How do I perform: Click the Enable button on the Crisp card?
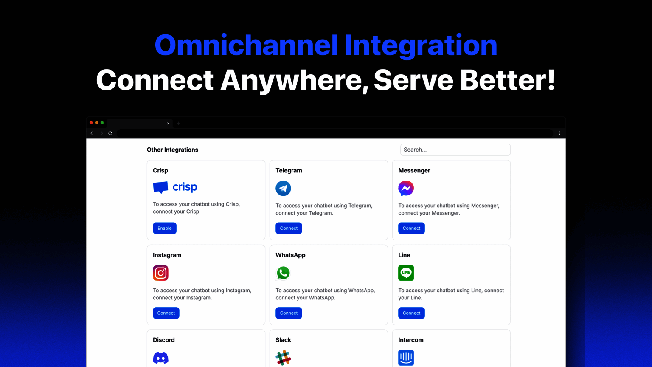tap(164, 228)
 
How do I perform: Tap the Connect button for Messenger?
tap(411, 228)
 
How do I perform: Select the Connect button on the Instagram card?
tap(166, 313)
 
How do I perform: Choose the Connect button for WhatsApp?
tap(289, 313)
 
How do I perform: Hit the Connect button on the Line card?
tap(411, 313)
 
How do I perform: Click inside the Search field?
tap(455, 150)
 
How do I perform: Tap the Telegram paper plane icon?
tap(283, 188)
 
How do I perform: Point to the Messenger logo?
tap(406, 188)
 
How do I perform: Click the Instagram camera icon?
tap(161, 273)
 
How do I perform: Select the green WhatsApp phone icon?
tap(283, 273)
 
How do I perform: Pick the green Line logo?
tap(406, 273)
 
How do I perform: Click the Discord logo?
tap(161, 358)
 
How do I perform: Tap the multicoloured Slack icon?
tap(283, 358)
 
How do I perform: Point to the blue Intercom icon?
tap(406, 358)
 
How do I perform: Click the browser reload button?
tap(110, 133)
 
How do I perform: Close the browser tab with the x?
tap(168, 124)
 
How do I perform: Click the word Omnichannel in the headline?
tap(246, 45)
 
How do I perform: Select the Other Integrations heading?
tap(172, 150)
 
